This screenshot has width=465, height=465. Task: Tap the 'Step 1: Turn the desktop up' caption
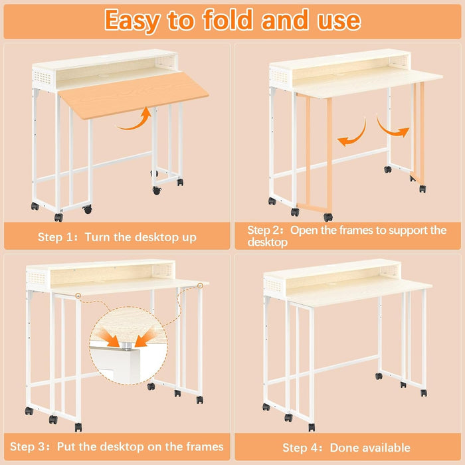pyautogui.click(x=117, y=237)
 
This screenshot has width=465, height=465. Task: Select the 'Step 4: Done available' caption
pyautogui.click(x=346, y=447)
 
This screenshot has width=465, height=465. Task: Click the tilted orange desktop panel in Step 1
pyautogui.click(x=133, y=93)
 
